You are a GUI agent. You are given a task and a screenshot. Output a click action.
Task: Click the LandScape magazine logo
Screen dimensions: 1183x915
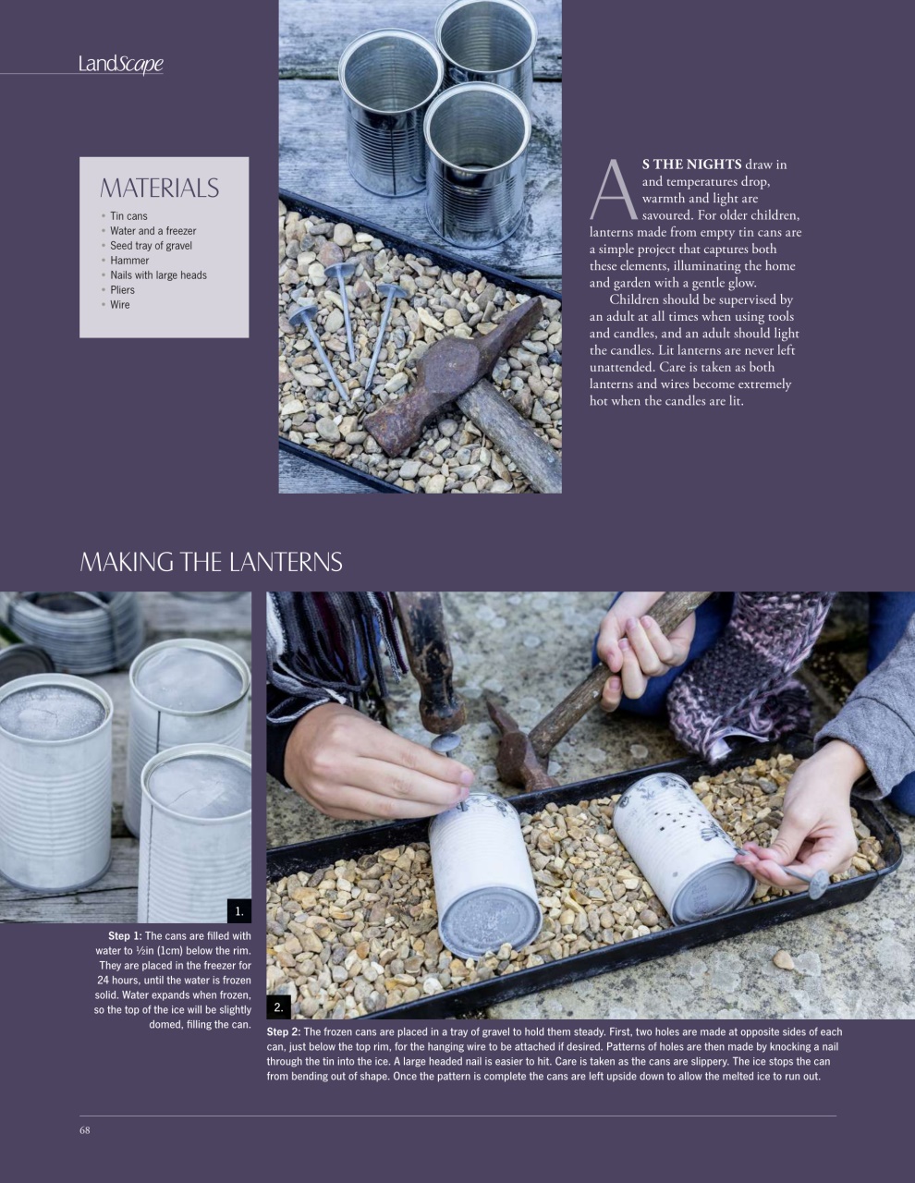pyautogui.click(x=121, y=64)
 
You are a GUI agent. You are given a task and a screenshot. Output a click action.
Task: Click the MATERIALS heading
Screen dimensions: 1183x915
pyautogui.click(x=159, y=189)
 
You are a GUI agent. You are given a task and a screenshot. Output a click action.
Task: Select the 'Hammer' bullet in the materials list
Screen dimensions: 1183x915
pyautogui.click(x=129, y=261)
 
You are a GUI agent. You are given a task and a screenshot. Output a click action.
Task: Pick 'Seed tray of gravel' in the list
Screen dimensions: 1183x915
pyautogui.click(x=151, y=246)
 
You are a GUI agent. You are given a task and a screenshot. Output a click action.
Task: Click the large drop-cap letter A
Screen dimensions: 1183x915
pyautogui.click(x=613, y=191)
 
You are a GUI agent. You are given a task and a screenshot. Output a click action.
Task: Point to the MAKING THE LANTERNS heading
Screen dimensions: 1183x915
pyautogui.click(x=211, y=562)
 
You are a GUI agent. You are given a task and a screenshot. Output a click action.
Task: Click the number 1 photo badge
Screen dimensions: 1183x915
pyautogui.click(x=238, y=911)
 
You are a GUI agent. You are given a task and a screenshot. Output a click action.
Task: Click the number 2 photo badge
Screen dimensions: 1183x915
pyautogui.click(x=278, y=1006)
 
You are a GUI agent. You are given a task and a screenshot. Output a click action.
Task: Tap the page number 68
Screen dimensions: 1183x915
pyautogui.click(x=85, y=1129)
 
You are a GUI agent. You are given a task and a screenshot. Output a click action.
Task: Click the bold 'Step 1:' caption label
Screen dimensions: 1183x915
pyautogui.click(x=125, y=936)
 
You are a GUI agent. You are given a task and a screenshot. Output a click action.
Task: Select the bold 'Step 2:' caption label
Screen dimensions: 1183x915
pyautogui.click(x=283, y=1031)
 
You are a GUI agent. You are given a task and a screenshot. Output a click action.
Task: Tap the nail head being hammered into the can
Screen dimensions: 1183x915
pyautogui.click(x=446, y=744)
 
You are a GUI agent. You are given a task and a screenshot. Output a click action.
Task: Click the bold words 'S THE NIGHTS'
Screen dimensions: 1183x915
pyautogui.click(x=691, y=165)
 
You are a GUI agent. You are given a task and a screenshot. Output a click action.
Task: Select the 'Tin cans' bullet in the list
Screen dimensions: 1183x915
pyautogui.click(x=128, y=216)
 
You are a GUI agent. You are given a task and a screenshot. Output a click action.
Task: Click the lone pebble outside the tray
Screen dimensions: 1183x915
pyautogui.click(x=784, y=960)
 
